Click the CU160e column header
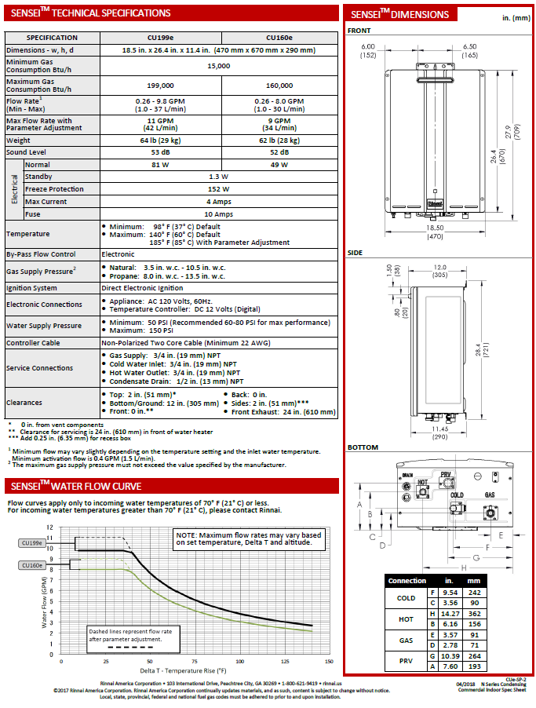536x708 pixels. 279,38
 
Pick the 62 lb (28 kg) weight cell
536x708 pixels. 279,140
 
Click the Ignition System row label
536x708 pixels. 31,288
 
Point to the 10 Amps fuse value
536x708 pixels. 219,213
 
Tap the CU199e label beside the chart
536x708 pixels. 32,542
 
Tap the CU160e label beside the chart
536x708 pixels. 32,564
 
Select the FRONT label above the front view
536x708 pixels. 359,31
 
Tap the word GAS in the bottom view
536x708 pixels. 490,496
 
